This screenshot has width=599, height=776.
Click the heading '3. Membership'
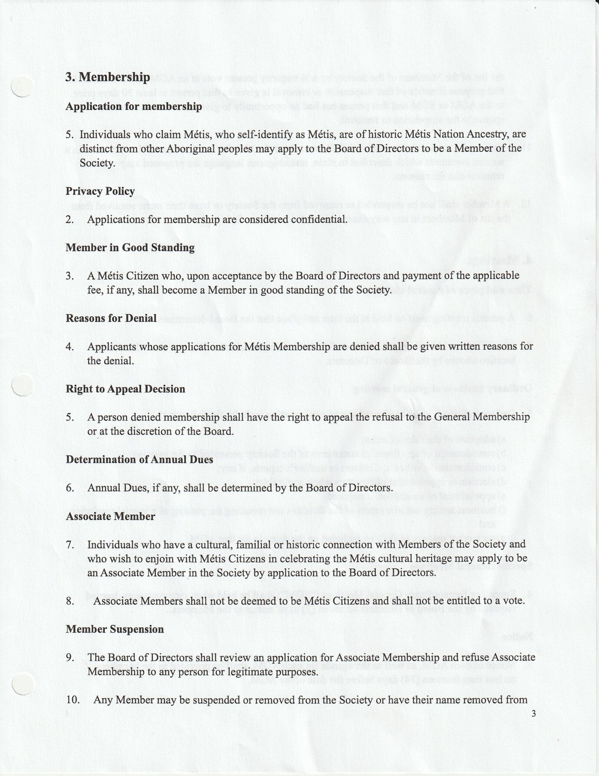pyautogui.click(x=107, y=77)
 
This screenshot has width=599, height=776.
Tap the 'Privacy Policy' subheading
pyautogui.click(x=100, y=191)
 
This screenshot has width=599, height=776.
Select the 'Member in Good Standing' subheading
pyautogui.click(x=130, y=247)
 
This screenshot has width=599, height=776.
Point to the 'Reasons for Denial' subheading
pyautogui.click(x=111, y=318)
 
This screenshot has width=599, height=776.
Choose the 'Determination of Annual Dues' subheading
pyautogui.click(x=139, y=460)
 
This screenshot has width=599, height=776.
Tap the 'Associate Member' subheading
pyautogui.click(x=111, y=516)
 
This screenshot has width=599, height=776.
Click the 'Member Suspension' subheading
pyautogui.click(x=115, y=629)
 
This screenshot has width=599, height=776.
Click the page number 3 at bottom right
pyautogui.click(x=534, y=714)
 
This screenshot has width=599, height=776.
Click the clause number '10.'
pyautogui.click(x=73, y=700)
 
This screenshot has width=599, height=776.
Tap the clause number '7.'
pyautogui.click(x=70, y=545)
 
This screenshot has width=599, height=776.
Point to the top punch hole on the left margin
pyautogui.click(x=22, y=85)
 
